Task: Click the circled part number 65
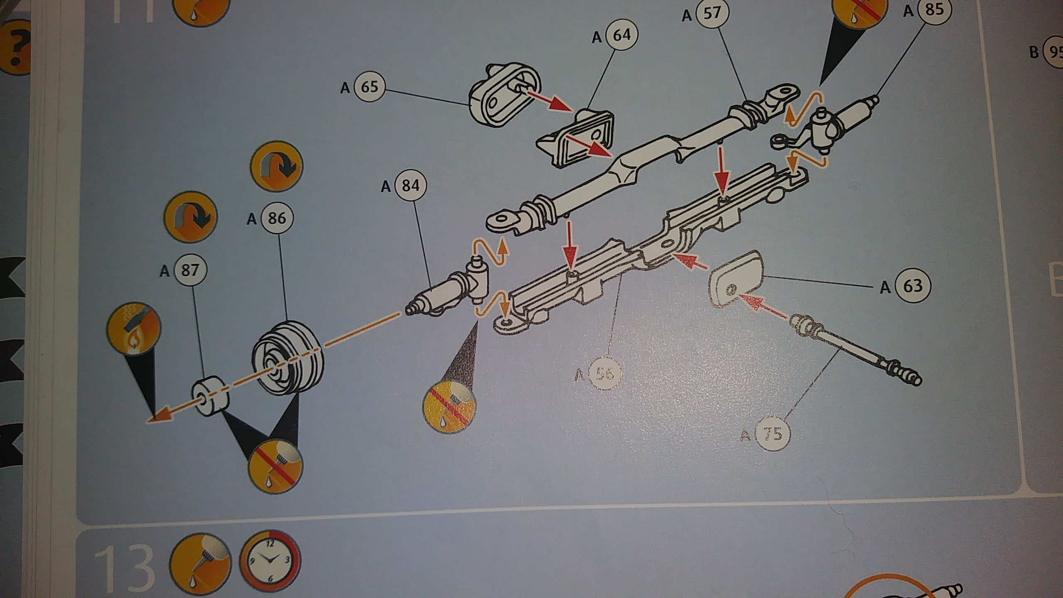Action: pyautogui.click(x=370, y=87)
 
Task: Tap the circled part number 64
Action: pyautogui.click(x=622, y=36)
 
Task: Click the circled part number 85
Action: pyautogui.click(x=934, y=10)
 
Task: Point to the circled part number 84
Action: pyautogui.click(x=410, y=185)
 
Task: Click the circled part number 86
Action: pyautogui.click(x=277, y=218)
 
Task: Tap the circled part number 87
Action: pyautogui.click(x=190, y=270)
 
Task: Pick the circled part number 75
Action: pyautogui.click(x=772, y=434)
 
